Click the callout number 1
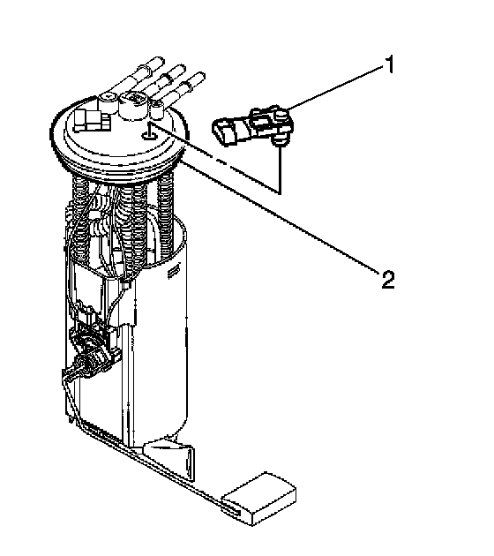pyautogui.click(x=390, y=64)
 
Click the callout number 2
pyautogui.click(x=388, y=279)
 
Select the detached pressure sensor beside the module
pyautogui.click(x=253, y=126)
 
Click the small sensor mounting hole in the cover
pyautogui.click(x=148, y=135)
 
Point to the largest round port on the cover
pyautogui.click(x=133, y=105)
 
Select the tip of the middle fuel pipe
pyautogui.click(x=180, y=68)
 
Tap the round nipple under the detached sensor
pyautogui.click(x=280, y=141)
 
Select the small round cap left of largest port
pyautogui.click(x=108, y=99)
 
